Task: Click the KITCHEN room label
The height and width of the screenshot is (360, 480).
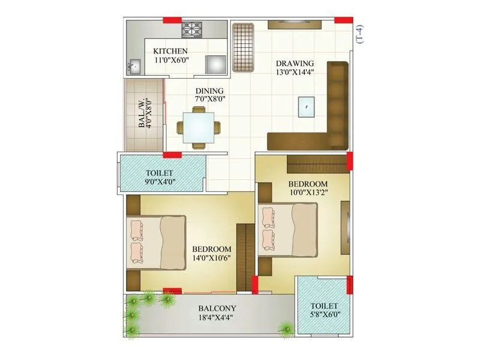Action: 170,51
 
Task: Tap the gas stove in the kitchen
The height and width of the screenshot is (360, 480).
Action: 192,29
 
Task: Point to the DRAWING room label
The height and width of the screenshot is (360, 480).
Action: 295,64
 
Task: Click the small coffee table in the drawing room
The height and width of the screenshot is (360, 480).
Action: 306,107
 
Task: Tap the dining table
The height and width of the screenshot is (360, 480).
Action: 198,127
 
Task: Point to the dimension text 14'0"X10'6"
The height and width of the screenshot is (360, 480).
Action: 212,259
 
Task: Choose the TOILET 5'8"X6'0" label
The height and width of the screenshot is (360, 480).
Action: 324,310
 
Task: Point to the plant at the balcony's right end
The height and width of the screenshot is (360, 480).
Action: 286,327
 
